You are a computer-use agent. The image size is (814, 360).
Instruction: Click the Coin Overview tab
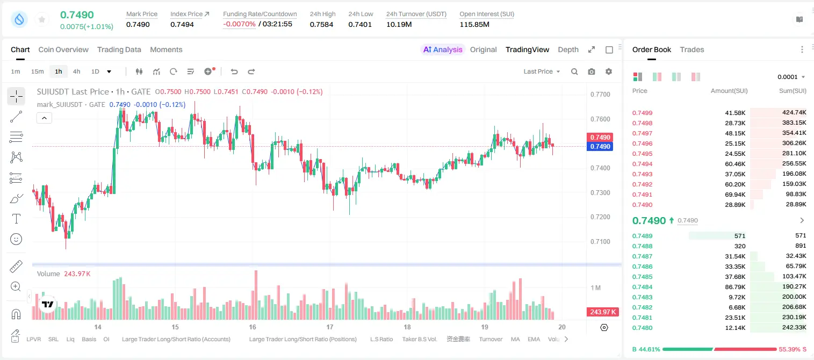(x=63, y=49)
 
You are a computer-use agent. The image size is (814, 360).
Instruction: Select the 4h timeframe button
(x=76, y=71)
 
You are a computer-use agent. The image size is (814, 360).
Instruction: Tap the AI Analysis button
(x=443, y=49)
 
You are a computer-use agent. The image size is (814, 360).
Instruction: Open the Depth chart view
(x=568, y=49)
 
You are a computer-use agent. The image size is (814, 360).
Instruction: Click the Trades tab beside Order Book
(x=692, y=49)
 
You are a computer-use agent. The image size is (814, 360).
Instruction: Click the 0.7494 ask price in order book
(x=642, y=164)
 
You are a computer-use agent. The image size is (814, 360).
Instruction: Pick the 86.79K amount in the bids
(x=735, y=287)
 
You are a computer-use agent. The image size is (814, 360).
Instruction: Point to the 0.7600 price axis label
(x=600, y=119)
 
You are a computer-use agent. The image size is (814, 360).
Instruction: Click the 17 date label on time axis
(x=329, y=327)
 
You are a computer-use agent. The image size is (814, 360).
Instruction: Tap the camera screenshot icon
(x=592, y=71)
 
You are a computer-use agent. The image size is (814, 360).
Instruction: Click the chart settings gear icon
(x=609, y=71)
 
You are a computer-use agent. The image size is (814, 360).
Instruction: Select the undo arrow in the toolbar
(x=234, y=71)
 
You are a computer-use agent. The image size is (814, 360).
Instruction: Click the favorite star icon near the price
(x=42, y=19)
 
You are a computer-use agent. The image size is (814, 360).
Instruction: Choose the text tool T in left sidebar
(x=16, y=219)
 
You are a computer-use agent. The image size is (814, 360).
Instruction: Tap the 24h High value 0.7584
(x=321, y=24)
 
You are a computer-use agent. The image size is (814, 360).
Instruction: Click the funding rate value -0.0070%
(x=239, y=24)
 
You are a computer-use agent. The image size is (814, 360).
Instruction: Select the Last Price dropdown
(x=542, y=71)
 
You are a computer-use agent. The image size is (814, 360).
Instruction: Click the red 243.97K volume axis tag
(x=602, y=312)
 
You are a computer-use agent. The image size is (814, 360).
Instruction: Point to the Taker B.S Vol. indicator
(x=419, y=339)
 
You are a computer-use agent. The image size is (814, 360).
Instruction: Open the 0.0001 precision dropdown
(x=791, y=77)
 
